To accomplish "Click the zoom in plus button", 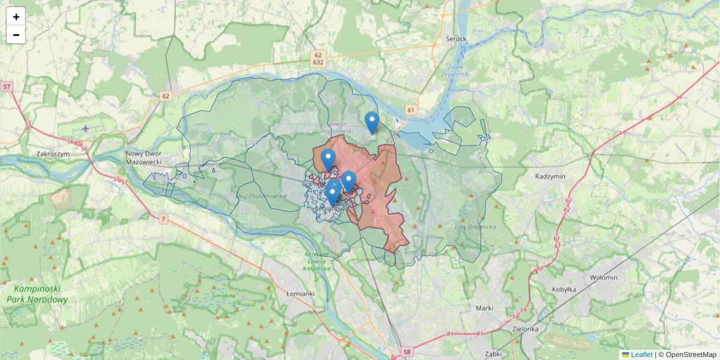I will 16,17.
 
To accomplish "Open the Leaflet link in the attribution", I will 641,355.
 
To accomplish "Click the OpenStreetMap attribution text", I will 691,355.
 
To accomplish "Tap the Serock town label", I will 456,39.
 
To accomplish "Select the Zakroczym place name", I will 53,154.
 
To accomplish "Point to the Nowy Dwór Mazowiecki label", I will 142,157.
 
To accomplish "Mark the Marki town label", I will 484,308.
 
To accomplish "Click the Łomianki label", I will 301,293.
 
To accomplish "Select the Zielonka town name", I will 526,329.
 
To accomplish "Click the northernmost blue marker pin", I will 372,122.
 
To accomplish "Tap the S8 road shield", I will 407,352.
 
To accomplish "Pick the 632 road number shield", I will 318,62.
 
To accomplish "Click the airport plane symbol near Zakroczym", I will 86,128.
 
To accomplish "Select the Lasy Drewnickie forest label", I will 476,227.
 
